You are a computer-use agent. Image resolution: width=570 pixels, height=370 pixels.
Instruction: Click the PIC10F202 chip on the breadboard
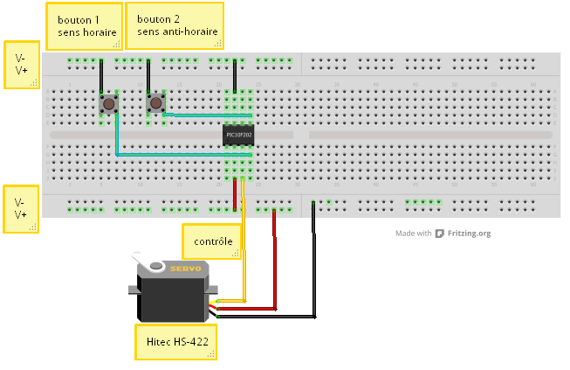coord(239,135)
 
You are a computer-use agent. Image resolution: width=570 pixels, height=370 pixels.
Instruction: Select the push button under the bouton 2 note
coord(155,103)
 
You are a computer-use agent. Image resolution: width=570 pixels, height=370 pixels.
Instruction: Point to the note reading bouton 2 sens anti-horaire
coord(175,25)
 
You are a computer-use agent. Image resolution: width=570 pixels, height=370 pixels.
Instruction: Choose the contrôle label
coord(212,241)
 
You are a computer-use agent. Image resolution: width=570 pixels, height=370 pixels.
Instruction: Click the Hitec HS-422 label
coord(175,342)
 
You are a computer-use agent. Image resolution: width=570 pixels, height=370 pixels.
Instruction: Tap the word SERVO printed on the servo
coord(185,269)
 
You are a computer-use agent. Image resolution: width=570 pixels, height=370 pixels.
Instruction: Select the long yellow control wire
coord(244,254)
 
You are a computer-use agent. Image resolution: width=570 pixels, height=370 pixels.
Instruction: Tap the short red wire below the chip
coord(235,193)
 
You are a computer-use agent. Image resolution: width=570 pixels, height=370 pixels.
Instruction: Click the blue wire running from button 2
coord(209,114)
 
